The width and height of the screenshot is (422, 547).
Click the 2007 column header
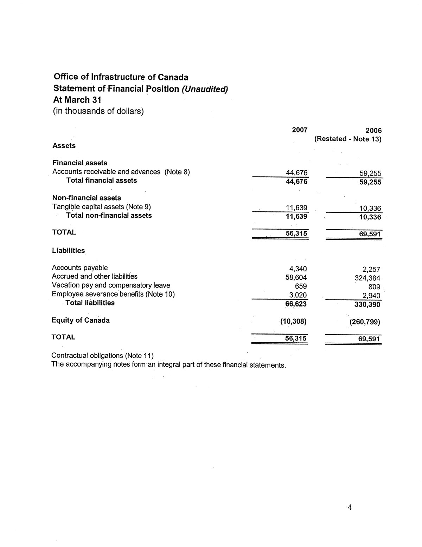tap(300, 130)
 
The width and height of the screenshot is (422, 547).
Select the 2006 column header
tap(373, 131)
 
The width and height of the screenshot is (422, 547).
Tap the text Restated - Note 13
tap(348, 139)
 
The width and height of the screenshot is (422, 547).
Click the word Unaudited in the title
tap(205, 89)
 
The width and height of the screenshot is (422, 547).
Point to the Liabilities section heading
tap(68, 251)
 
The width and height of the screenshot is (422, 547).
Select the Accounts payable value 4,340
tap(298, 269)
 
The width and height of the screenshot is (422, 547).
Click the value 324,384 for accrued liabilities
tap(367, 278)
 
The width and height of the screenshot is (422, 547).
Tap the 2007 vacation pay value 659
tap(301, 286)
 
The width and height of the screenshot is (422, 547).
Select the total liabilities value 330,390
tap(367, 305)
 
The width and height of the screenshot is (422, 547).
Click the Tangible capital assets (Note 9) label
tap(102, 206)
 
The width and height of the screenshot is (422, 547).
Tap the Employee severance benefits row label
tap(113, 294)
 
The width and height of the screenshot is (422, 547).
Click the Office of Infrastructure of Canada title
tap(121, 77)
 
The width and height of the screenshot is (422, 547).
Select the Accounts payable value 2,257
tap(371, 270)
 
